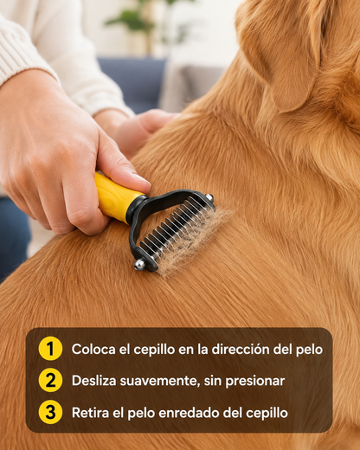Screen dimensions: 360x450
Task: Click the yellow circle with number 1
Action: pyautogui.click(x=50, y=349)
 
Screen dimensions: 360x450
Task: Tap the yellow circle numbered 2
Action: pyautogui.click(x=50, y=380)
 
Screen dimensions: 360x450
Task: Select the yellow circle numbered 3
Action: pyautogui.click(x=50, y=412)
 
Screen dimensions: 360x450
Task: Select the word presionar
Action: pyautogui.click(x=255, y=381)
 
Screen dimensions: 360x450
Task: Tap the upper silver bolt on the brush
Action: pyautogui.click(x=209, y=197)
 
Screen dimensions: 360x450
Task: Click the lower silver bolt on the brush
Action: pyautogui.click(x=140, y=264)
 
